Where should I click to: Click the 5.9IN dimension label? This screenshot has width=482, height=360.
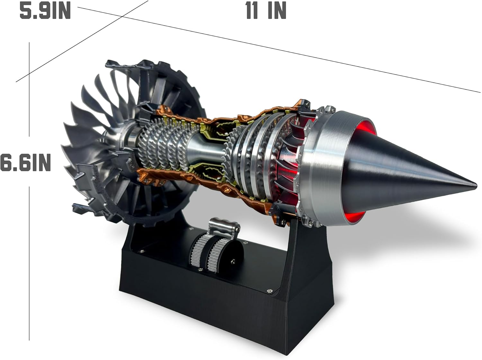click(45, 11)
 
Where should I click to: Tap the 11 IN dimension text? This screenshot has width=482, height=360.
click(266, 11)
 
